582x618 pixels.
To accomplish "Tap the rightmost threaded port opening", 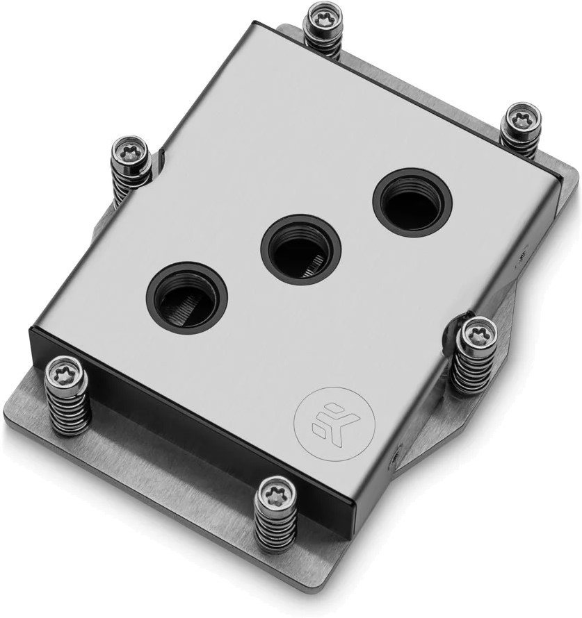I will [x=412, y=202].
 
